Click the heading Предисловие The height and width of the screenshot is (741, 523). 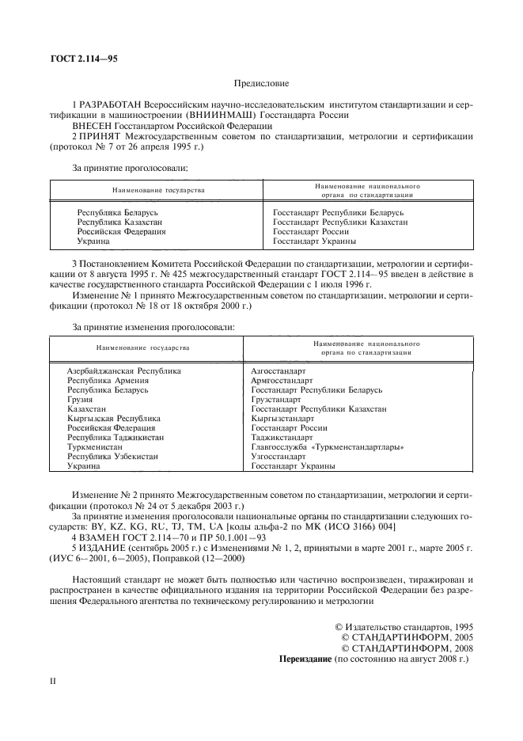click(261, 82)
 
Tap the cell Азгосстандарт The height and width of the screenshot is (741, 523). click(278, 370)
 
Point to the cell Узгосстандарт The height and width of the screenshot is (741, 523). click(278, 457)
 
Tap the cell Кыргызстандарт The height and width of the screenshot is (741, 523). click(282, 419)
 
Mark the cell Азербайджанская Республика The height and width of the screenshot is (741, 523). click(123, 370)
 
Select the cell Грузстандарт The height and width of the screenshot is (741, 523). click(278, 400)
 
